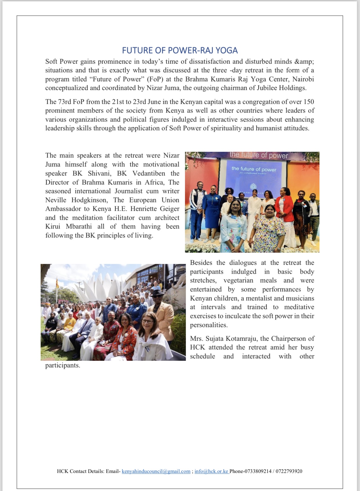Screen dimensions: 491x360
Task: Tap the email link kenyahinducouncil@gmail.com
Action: (156, 471)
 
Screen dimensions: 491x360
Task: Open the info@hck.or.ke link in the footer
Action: (212, 471)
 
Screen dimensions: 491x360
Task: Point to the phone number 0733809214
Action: (258, 471)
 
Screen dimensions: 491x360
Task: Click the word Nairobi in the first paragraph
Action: (303, 79)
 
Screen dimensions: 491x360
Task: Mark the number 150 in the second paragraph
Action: (309, 102)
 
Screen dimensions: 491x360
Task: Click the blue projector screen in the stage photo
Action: (254, 177)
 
